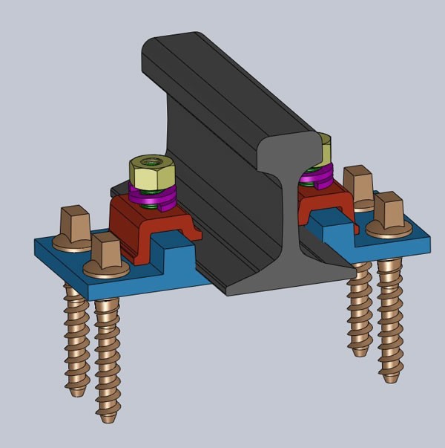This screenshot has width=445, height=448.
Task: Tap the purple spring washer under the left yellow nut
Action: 153,199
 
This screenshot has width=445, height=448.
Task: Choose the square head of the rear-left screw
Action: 73,221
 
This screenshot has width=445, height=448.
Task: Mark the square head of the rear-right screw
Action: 357,186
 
